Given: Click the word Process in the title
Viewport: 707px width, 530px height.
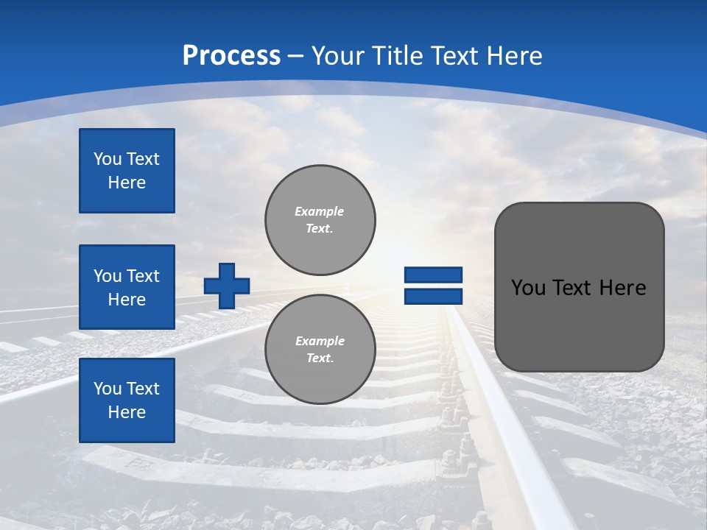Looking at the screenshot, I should (x=231, y=56).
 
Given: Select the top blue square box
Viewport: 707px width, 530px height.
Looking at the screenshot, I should (x=127, y=171).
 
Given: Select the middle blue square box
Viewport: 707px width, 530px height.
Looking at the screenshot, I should (x=127, y=287).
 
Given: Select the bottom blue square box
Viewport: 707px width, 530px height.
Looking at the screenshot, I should (x=127, y=400).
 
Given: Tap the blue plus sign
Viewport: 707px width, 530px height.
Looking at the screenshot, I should (x=227, y=286).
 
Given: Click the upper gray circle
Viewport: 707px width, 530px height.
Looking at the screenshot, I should (x=320, y=220).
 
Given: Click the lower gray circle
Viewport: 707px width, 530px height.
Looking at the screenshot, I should (x=320, y=350).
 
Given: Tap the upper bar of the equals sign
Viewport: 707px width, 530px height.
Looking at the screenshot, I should (x=433, y=275).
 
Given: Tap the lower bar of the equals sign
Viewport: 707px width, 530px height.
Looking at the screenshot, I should (x=433, y=296).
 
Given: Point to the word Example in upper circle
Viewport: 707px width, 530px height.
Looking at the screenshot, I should (x=320, y=211).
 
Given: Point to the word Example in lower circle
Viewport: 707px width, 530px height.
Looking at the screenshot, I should (x=320, y=341).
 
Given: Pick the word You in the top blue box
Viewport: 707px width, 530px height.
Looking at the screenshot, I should (x=108, y=159).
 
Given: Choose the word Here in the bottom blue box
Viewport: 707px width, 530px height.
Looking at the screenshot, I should (x=127, y=412).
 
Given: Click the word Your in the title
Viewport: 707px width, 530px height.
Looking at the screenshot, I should (x=337, y=56).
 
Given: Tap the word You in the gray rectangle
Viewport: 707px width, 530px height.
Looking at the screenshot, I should (x=528, y=288).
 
